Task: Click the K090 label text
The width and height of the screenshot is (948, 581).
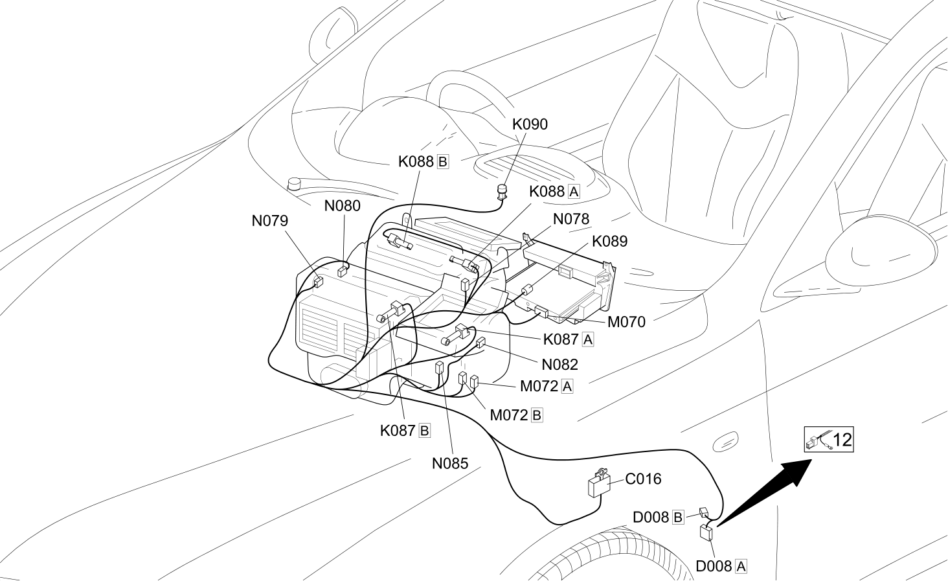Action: click(x=530, y=124)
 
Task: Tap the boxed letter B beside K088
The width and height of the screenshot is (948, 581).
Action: click(x=442, y=162)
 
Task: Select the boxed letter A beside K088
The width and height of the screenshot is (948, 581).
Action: click(x=574, y=192)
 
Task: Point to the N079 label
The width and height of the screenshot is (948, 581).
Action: click(x=269, y=221)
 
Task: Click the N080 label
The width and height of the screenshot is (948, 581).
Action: click(x=343, y=206)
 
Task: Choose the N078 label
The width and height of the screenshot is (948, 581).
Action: click(x=571, y=219)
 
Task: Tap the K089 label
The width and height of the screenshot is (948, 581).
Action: click(x=609, y=242)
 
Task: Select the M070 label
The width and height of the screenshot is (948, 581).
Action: click(x=626, y=323)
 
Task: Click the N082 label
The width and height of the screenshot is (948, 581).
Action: click(x=560, y=365)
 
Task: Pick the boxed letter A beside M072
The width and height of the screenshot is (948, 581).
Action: click(x=567, y=387)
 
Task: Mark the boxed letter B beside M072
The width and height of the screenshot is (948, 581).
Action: click(x=537, y=415)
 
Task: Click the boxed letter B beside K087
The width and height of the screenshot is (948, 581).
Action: click(x=425, y=431)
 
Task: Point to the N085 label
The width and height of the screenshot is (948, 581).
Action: click(x=450, y=464)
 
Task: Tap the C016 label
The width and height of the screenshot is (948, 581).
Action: click(x=643, y=479)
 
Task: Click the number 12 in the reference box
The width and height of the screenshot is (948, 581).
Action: click(x=842, y=440)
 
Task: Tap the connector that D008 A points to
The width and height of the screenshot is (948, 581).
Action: click(x=706, y=532)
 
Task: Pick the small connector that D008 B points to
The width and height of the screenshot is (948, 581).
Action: click(x=705, y=512)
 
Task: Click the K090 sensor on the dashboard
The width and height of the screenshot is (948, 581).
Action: click(x=502, y=192)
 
